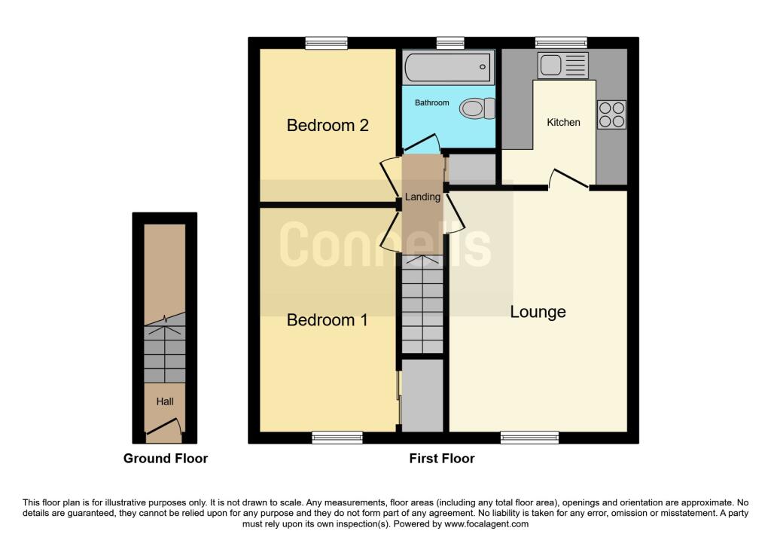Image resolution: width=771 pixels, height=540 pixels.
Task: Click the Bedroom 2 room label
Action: [328, 125]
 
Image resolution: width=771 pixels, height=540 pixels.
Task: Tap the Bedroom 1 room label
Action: [328, 320]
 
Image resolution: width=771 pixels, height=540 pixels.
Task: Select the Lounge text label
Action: [538, 312]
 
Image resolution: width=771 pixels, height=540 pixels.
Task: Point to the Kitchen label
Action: [563, 122]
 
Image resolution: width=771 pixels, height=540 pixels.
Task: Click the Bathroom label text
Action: [431, 102]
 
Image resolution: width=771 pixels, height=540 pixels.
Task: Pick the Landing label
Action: [422, 197]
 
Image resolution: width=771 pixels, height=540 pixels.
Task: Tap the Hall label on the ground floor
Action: [165, 401]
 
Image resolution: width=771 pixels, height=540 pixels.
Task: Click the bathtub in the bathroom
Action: [448, 68]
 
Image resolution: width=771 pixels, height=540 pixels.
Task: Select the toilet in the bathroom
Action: [477, 109]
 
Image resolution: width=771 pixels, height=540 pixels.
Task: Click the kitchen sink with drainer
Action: [562, 66]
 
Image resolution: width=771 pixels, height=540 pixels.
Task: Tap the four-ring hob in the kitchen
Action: [611, 114]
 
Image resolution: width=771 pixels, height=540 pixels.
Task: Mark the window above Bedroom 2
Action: [326, 44]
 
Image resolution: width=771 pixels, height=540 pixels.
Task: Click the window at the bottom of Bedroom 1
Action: [337, 437]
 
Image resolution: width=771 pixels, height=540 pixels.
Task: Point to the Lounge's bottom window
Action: [530, 437]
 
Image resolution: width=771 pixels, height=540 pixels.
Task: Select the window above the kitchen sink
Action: [561, 44]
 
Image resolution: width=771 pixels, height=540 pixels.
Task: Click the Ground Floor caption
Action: [166, 458]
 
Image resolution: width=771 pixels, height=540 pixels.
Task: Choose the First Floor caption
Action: [442, 458]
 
